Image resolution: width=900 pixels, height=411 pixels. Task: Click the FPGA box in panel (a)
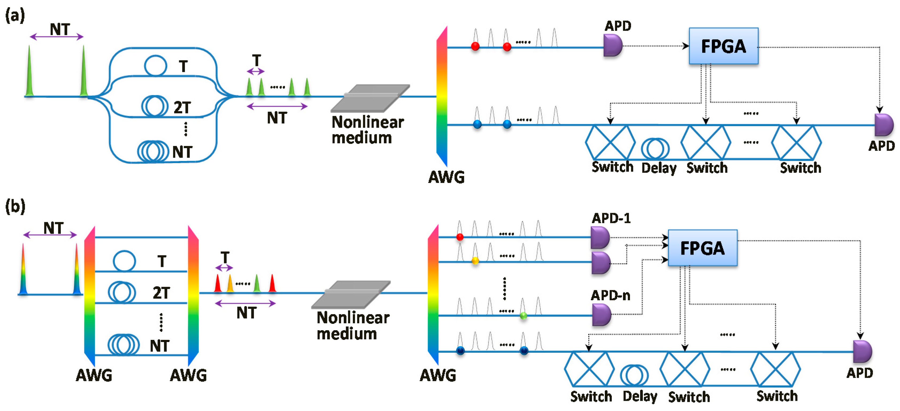[x=723, y=46]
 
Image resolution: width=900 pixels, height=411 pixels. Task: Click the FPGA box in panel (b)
[x=702, y=248]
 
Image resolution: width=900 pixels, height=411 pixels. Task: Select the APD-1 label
[x=611, y=218]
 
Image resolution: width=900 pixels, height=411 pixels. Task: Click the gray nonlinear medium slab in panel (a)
[x=370, y=98]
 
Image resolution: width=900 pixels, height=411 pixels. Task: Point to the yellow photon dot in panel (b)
[x=475, y=260]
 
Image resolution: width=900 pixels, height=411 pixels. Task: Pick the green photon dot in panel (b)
[x=523, y=316]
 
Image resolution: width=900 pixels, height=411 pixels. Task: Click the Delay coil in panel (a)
[x=655, y=148]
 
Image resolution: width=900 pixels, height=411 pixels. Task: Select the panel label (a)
[x=15, y=16]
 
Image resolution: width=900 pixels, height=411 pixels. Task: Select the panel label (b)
[x=15, y=206]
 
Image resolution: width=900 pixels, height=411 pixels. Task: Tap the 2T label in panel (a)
[x=182, y=107]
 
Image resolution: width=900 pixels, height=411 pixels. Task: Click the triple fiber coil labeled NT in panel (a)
[x=153, y=151]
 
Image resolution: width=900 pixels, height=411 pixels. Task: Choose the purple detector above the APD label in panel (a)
[x=884, y=125]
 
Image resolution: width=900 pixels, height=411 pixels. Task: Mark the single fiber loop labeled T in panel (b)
[x=124, y=261]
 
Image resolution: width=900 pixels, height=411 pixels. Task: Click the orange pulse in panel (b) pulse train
[x=230, y=283]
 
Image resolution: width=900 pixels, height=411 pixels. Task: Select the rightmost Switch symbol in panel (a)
[x=796, y=143]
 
